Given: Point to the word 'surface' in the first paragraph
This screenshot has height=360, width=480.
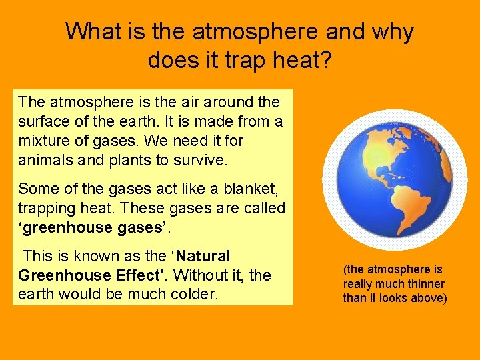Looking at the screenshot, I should point(42,122).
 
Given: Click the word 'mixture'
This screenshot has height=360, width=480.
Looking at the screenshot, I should point(43,141).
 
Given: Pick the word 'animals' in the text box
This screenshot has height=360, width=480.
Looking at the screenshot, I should point(44,161).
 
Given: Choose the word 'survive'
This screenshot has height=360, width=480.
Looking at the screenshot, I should point(199,161).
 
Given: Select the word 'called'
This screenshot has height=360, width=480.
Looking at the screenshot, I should point(263,208).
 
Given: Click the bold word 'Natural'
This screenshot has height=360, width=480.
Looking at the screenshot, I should point(203,256).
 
